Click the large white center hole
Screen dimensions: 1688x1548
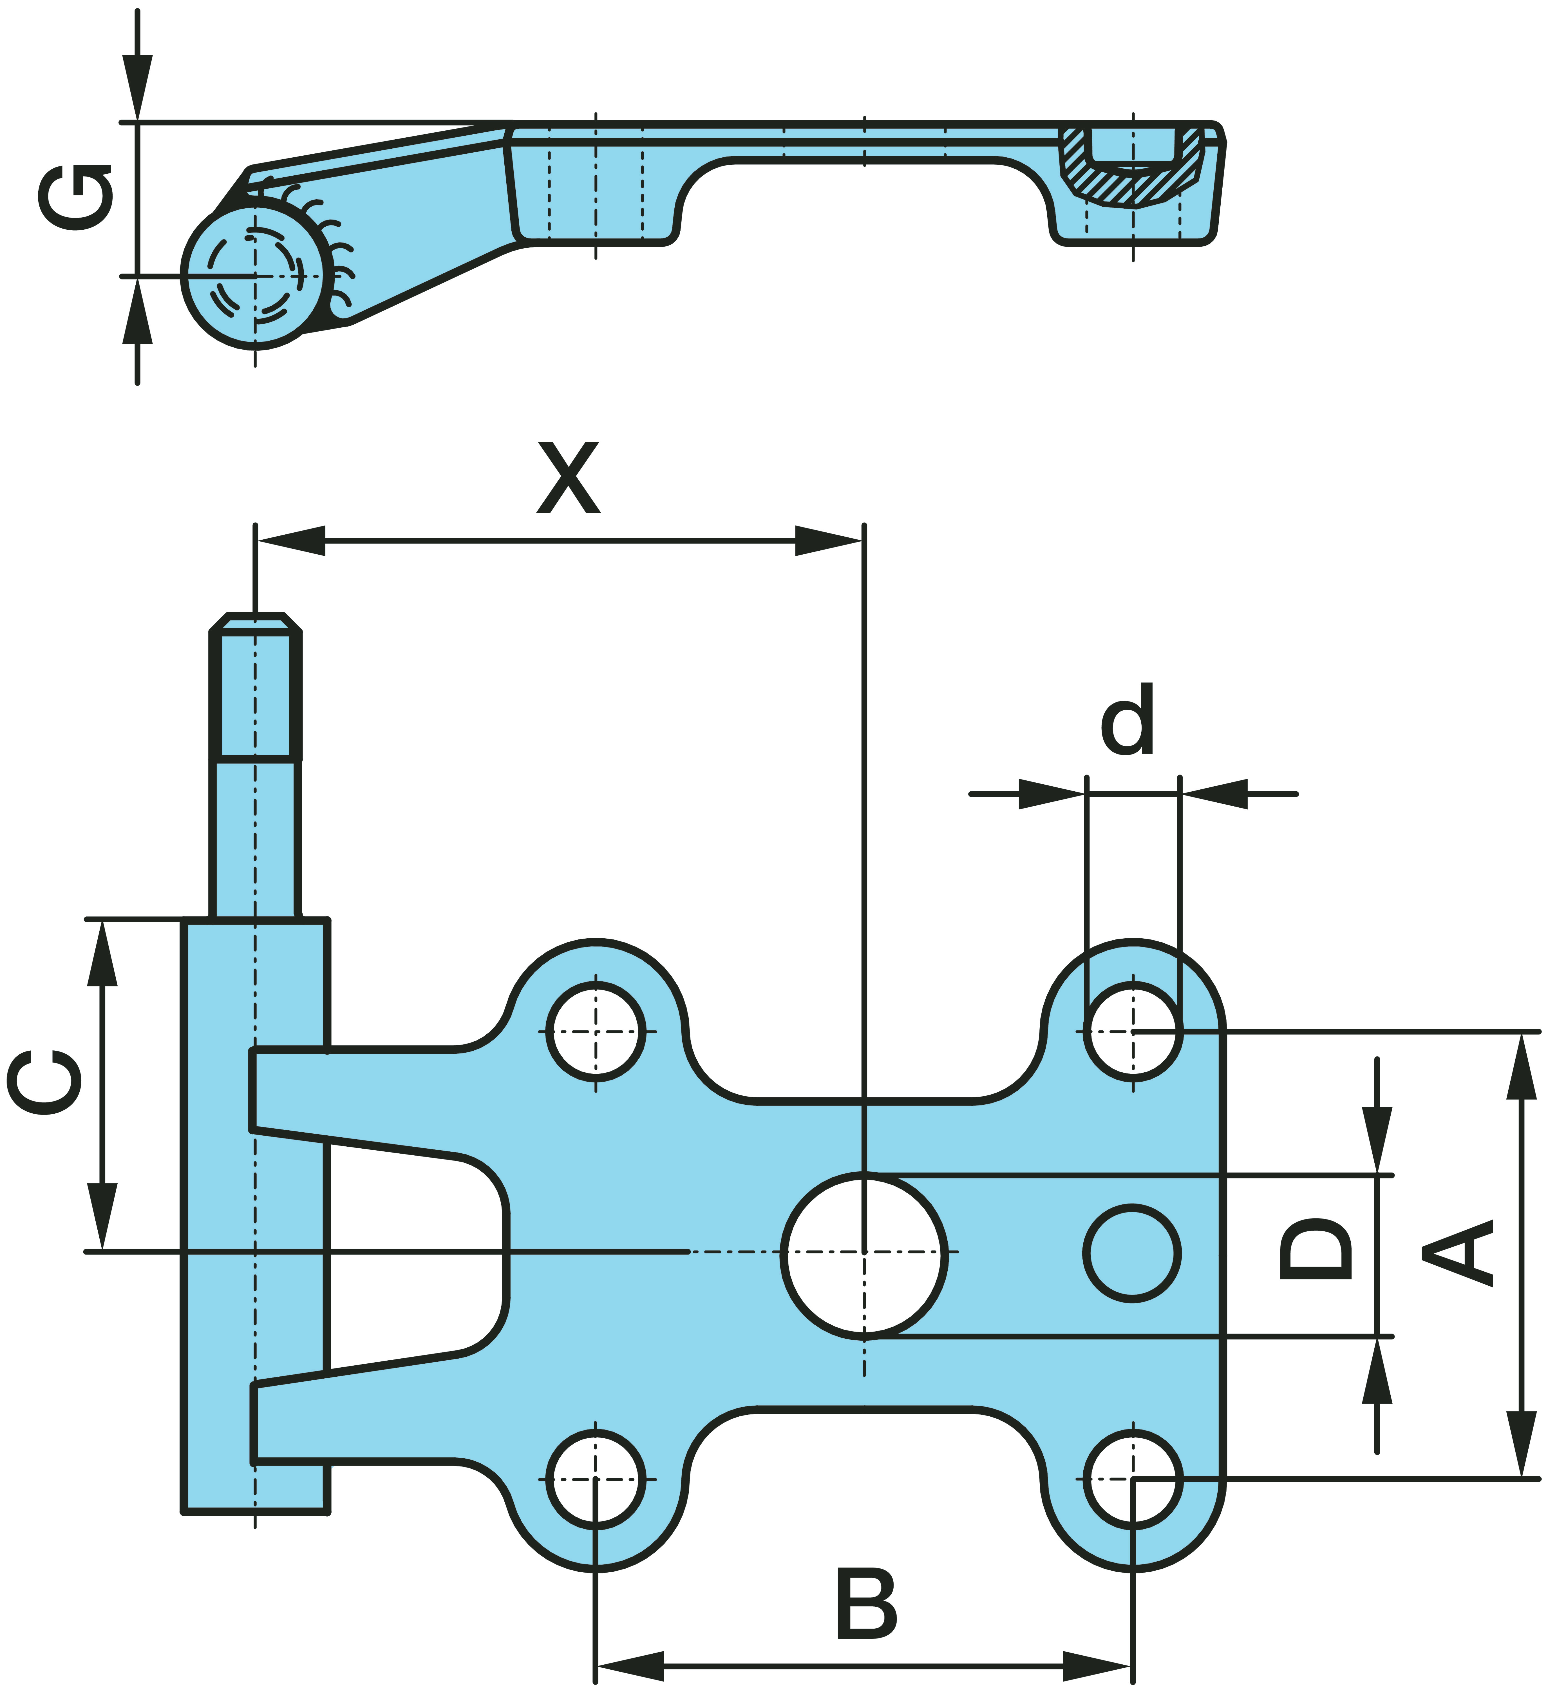coord(864,1254)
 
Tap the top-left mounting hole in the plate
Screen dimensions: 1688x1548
coord(596,1031)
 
